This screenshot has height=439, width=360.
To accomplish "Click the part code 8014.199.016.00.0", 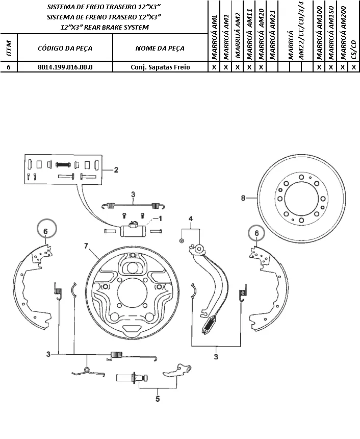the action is click(65, 67).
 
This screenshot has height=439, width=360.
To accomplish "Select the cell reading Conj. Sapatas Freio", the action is click(160, 67).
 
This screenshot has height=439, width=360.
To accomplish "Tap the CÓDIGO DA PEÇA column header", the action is click(65, 48).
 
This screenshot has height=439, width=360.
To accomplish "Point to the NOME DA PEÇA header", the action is click(160, 48).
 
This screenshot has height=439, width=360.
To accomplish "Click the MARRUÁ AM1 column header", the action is click(226, 37).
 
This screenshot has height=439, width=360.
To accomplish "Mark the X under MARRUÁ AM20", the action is click(261, 67).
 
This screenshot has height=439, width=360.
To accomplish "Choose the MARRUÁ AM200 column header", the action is click(344, 33).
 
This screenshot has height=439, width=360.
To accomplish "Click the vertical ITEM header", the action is click(9, 48).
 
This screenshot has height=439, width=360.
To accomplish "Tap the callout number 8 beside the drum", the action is click(243, 198).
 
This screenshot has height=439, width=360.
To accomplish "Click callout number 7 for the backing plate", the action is click(86, 246).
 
